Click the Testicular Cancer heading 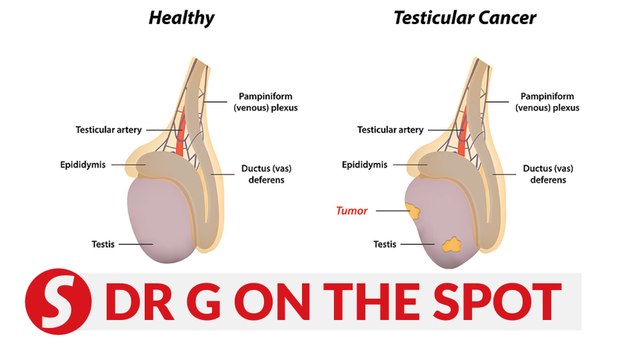466,16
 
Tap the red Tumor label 353,211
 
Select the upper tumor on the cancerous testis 411,210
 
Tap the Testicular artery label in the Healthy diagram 112,130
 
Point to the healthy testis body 165,225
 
